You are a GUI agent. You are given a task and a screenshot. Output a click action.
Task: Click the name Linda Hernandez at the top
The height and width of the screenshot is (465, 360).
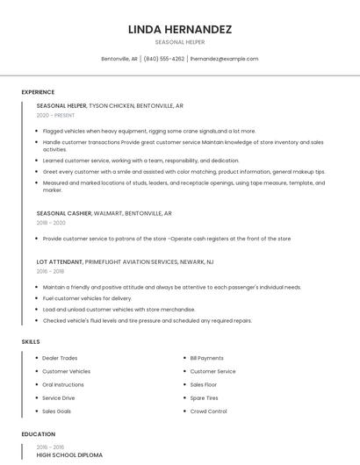[180, 29]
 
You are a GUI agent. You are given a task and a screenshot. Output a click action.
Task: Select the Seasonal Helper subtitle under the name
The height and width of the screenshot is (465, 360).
[180, 41]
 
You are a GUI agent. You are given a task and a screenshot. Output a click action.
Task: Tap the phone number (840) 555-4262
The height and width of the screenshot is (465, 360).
[164, 59]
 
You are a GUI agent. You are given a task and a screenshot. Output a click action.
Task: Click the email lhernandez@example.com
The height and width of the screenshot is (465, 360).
[224, 59]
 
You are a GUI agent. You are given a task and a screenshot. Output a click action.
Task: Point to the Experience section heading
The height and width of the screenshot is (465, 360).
[38, 92]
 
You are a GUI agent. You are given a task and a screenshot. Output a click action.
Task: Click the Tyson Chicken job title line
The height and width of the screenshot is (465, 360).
[110, 105]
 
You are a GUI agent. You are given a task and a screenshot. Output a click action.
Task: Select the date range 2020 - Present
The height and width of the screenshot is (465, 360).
[55, 115]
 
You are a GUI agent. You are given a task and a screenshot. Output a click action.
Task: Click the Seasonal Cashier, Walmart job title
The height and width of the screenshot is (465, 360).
[104, 213]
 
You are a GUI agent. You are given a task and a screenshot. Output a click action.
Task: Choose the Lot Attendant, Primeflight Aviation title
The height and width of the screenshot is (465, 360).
[125, 261]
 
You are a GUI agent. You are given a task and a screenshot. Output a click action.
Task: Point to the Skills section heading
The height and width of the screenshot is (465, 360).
[31, 341]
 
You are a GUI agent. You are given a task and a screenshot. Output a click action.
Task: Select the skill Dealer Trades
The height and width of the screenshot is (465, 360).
[60, 358]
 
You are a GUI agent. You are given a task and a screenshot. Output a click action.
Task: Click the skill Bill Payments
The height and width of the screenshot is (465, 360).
[207, 358]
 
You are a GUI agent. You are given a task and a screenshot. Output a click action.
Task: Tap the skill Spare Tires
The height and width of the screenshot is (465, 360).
[205, 398]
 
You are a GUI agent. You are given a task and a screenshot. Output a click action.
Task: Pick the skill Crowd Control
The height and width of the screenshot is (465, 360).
[209, 411]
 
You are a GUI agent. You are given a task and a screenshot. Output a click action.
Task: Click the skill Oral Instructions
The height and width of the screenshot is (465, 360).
[63, 384]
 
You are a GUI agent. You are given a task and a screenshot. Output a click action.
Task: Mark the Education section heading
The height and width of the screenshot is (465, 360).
[38, 434]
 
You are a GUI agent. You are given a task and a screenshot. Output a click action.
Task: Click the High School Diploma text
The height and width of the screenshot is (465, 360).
[69, 455]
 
